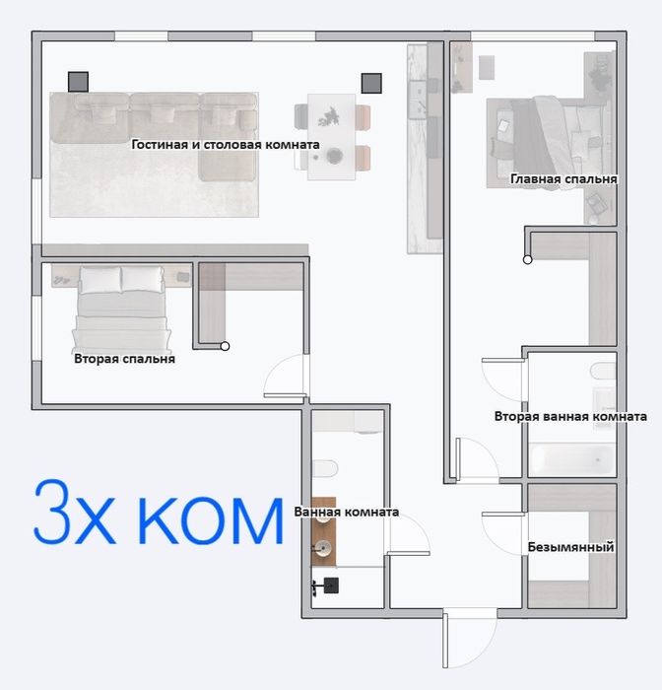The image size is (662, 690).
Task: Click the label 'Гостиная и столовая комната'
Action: pyautogui.click(x=226, y=144)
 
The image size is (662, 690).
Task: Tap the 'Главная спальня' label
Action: pyautogui.click(x=563, y=179)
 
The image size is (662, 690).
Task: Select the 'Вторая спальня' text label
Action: pyautogui.click(x=124, y=359)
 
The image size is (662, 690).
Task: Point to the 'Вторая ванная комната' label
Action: pyautogui.click(x=570, y=416)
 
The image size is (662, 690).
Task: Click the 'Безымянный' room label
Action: pyautogui.click(x=571, y=546)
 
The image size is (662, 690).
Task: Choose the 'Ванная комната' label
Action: pyautogui.click(x=346, y=512)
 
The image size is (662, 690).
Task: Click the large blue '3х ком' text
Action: pyautogui.click(x=158, y=515)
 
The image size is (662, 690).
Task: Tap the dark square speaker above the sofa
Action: pyautogui.click(x=79, y=82)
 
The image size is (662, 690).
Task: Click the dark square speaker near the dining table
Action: pyautogui.click(x=370, y=83)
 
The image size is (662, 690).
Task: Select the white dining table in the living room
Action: pyautogui.click(x=330, y=136)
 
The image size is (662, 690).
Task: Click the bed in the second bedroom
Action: pyautogui.click(x=120, y=308)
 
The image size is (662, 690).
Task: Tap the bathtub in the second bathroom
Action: pyautogui.click(x=571, y=458)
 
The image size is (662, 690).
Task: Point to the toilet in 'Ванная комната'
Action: pyautogui.click(x=325, y=467)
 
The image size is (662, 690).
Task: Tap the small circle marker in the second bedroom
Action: pyautogui.click(x=225, y=346)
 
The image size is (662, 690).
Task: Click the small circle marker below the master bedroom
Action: pyautogui.click(x=528, y=260)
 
